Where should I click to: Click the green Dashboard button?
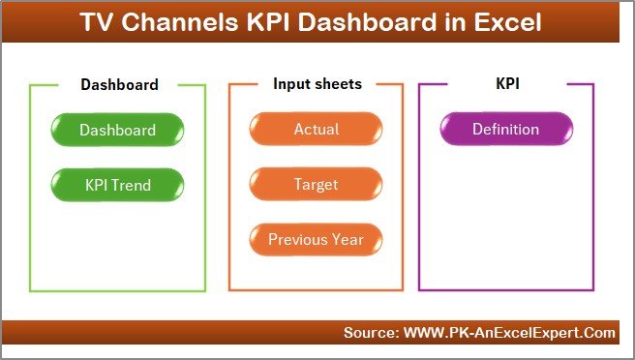pos(118,130)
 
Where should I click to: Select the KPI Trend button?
pos(118,184)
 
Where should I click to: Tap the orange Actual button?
pos(316,130)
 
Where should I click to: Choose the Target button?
pos(316,184)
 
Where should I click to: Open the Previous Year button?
pos(316,239)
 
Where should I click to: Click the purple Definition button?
pos(505,130)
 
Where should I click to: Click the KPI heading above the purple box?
pos(506,84)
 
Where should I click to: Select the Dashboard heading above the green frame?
pos(119,84)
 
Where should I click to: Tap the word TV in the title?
pos(96,22)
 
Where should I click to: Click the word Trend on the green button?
pos(136,184)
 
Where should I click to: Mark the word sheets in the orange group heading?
pos(336,84)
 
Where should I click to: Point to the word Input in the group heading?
pos(289,84)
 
